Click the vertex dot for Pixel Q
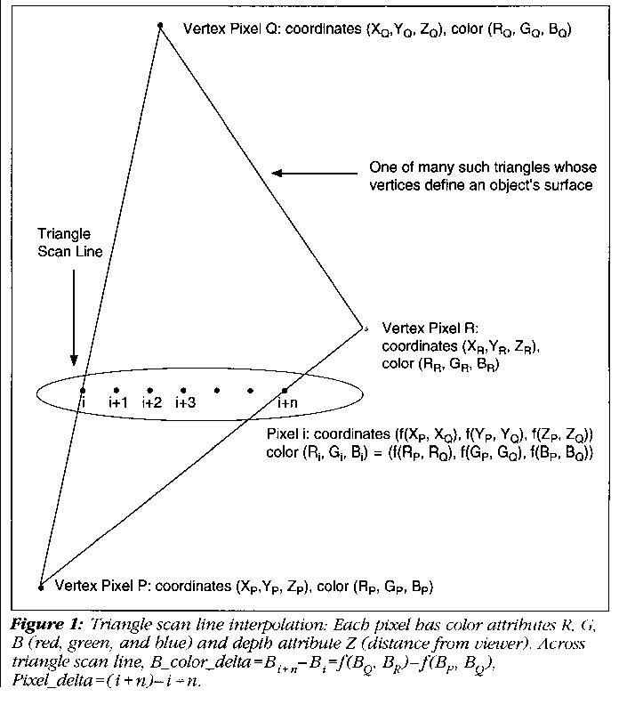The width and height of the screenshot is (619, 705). click(x=160, y=26)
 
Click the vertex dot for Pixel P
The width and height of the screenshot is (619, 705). click(x=41, y=587)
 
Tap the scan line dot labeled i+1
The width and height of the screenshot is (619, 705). click(x=117, y=390)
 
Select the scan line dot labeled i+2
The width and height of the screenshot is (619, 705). click(x=149, y=390)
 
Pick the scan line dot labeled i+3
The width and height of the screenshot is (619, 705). click(x=183, y=390)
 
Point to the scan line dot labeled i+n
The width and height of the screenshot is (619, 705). click(x=285, y=390)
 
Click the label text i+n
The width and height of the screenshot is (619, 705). click(x=285, y=404)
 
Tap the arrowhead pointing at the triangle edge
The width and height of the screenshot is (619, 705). click(x=277, y=174)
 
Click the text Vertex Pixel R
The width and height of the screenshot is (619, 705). click(x=425, y=328)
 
